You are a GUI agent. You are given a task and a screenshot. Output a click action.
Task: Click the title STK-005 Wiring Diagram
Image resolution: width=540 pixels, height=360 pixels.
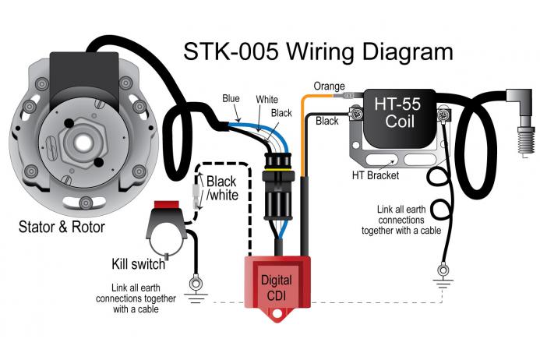tap(317, 51)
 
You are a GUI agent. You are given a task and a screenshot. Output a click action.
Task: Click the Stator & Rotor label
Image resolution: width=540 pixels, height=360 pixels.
tap(62, 228)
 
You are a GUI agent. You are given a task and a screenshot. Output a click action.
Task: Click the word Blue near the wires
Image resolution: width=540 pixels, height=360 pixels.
tap(231, 99)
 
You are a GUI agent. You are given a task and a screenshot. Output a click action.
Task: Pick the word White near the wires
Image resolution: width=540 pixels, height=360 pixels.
tap(267, 101)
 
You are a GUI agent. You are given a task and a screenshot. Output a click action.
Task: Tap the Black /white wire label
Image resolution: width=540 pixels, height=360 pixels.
tap(221, 189)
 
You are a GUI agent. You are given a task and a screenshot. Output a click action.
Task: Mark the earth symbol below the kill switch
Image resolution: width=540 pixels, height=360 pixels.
tap(195, 289)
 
